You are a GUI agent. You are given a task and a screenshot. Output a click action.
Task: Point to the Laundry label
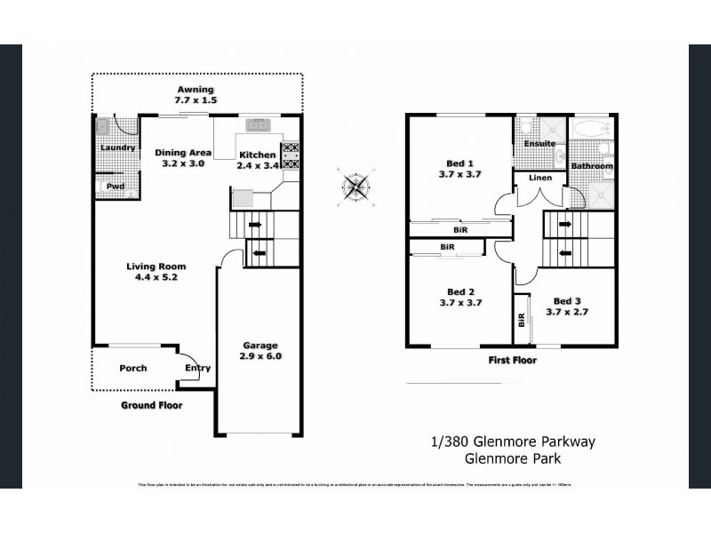click(117, 147)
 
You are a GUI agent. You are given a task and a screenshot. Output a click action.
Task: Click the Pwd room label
click(116, 186)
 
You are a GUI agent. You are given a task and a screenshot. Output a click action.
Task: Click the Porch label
click(133, 368)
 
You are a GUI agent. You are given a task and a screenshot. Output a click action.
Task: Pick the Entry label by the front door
click(197, 368)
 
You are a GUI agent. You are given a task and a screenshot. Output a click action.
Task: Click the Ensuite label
click(539, 143)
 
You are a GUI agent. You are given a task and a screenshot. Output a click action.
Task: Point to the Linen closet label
click(540, 178)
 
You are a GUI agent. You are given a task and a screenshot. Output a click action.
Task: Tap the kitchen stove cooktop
click(291, 156)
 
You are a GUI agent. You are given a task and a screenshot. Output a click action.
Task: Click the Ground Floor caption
click(151, 405)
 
